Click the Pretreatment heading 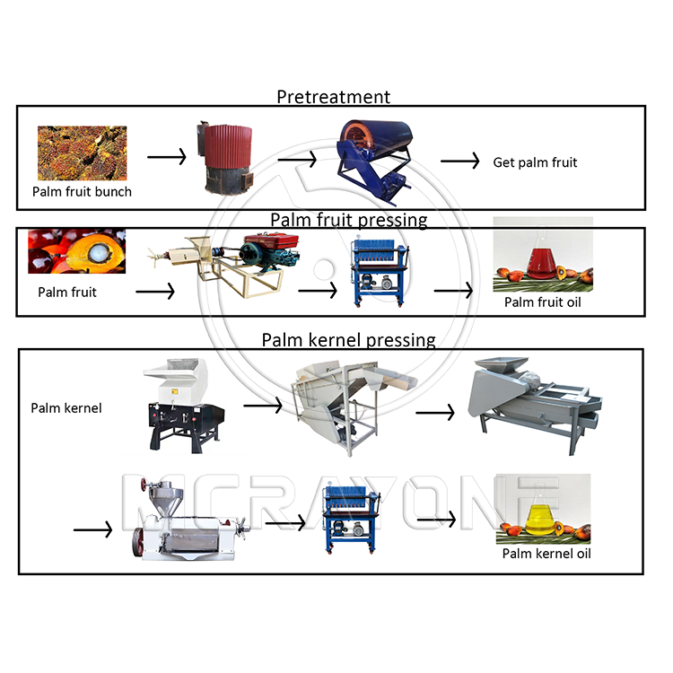334,97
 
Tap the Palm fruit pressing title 348,220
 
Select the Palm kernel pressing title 348,340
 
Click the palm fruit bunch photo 82,153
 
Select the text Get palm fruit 535,162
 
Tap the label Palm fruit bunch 82,191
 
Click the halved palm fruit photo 77,251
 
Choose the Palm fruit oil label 543,302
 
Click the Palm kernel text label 66,407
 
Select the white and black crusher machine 184,406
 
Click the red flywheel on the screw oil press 138,542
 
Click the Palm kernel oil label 546,554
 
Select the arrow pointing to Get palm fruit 459,161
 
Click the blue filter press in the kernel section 352,518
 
